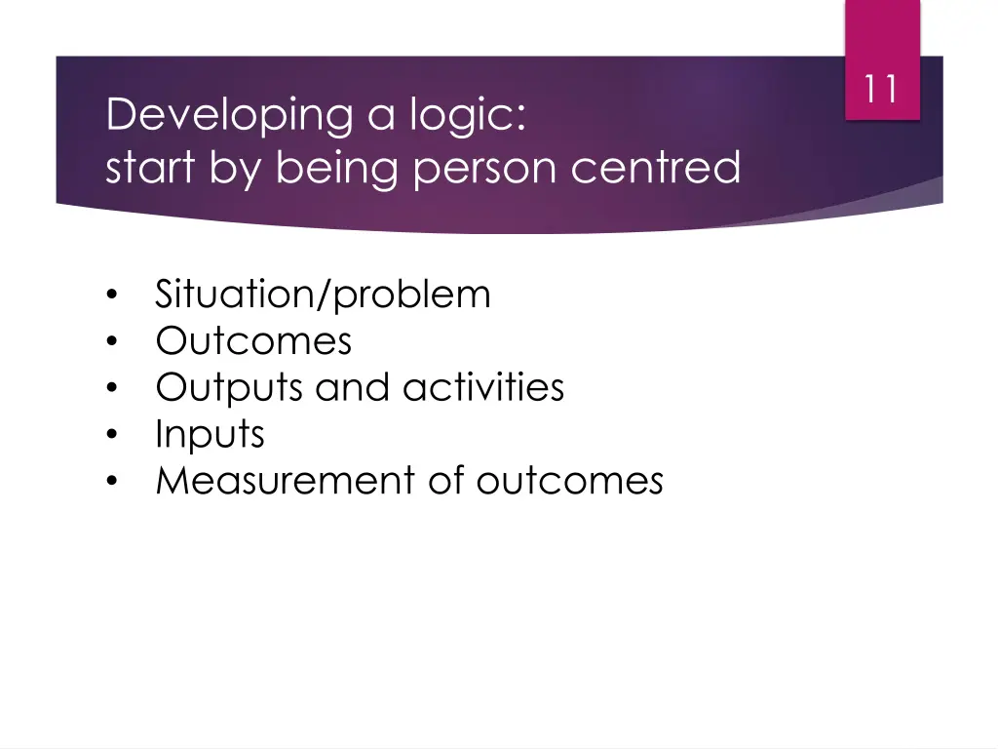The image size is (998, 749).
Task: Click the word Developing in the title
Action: click(x=228, y=116)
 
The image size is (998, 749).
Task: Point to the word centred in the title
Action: click(x=656, y=167)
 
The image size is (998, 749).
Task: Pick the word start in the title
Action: click(x=151, y=168)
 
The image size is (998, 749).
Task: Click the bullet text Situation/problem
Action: click(x=323, y=294)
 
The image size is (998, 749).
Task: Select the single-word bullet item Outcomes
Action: click(x=253, y=340)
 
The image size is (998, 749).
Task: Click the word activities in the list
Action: click(x=483, y=387)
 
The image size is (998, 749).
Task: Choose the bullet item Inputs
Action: click(x=210, y=434)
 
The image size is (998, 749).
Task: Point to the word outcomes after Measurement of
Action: click(x=570, y=480)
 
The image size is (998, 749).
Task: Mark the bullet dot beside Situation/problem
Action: click(x=114, y=295)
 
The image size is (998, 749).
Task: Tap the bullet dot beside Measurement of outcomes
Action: click(x=114, y=482)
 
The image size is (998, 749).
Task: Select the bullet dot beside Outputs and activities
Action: click(x=114, y=388)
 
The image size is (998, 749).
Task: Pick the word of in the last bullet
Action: click(x=446, y=480)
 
